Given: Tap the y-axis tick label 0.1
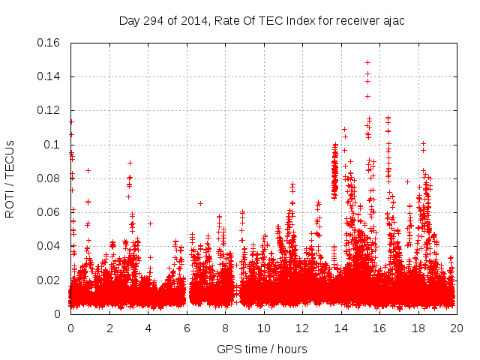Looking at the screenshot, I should pyautogui.click(x=54, y=144).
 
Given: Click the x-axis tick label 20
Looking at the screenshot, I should pyautogui.click(x=456, y=328).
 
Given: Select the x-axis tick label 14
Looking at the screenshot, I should pyautogui.click(x=340, y=328).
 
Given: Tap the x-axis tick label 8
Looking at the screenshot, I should pyautogui.click(x=225, y=328).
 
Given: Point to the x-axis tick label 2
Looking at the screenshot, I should pyautogui.click(x=109, y=328).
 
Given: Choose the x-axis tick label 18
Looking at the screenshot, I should pyautogui.click(x=418, y=328).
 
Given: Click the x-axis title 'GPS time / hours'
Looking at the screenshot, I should pyautogui.click(x=263, y=349).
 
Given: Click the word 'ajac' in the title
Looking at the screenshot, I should pyautogui.click(x=393, y=20).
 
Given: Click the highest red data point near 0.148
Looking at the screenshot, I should pyautogui.click(x=367, y=62).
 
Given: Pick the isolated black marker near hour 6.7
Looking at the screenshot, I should pyautogui.click(x=200, y=203).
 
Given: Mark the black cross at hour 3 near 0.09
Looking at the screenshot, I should pyautogui.click(x=130, y=163).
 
